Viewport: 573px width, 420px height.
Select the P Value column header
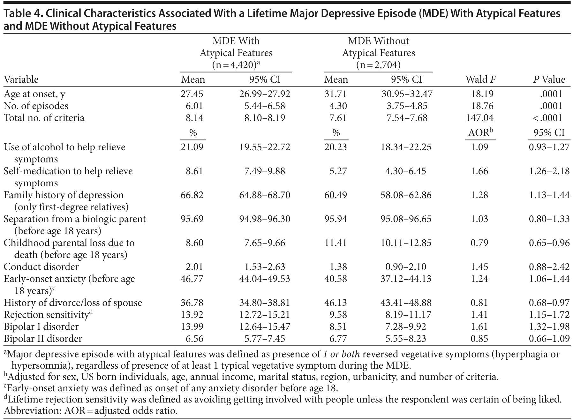[549, 79]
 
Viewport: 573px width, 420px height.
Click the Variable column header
[21, 79]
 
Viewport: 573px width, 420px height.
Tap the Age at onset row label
[34, 94]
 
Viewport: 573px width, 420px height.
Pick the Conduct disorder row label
[41, 266]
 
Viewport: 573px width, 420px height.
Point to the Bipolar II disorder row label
[43, 338]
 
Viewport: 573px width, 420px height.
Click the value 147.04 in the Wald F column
[480, 118]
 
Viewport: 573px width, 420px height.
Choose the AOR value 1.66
[479, 171]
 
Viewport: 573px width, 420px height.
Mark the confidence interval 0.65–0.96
[549, 243]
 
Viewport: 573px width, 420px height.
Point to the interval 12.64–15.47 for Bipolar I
[265, 326]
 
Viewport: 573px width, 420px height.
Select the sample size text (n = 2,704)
[378, 65]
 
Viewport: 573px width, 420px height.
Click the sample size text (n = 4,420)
[236, 65]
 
